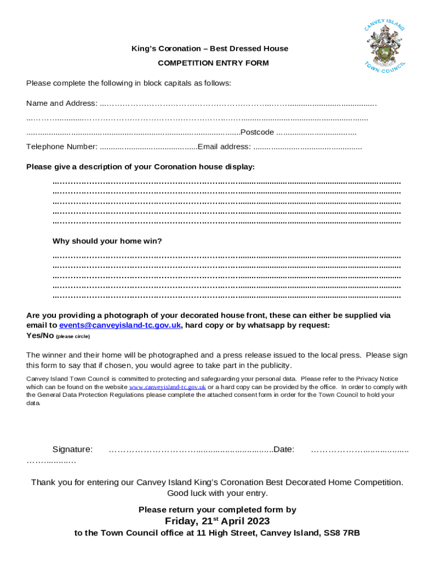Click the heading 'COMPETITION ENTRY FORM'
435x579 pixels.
(x=213, y=63)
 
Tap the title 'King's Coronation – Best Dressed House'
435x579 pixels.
(x=210, y=49)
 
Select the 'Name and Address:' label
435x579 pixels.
(x=62, y=103)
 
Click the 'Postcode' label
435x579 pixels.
(x=257, y=132)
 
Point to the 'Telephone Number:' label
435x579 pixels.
(x=62, y=146)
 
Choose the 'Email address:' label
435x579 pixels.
(x=224, y=146)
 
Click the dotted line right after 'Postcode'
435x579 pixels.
(x=316, y=133)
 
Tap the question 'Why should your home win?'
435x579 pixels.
(x=107, y=241)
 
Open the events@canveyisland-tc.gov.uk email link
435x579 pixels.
(x=120, y=325)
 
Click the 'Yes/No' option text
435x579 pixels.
(x=40, y=335)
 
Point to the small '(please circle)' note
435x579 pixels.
(x=72, y=336)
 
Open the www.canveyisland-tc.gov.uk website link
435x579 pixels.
(x=167, y=387)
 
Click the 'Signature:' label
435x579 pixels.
(x=72, y=450)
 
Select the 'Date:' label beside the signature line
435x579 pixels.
(x=284, y=450)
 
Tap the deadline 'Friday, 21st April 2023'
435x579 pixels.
(x=217, y=521)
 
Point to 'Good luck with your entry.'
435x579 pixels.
(x=217, y=493)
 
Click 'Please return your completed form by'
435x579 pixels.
(x=217, y=509)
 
